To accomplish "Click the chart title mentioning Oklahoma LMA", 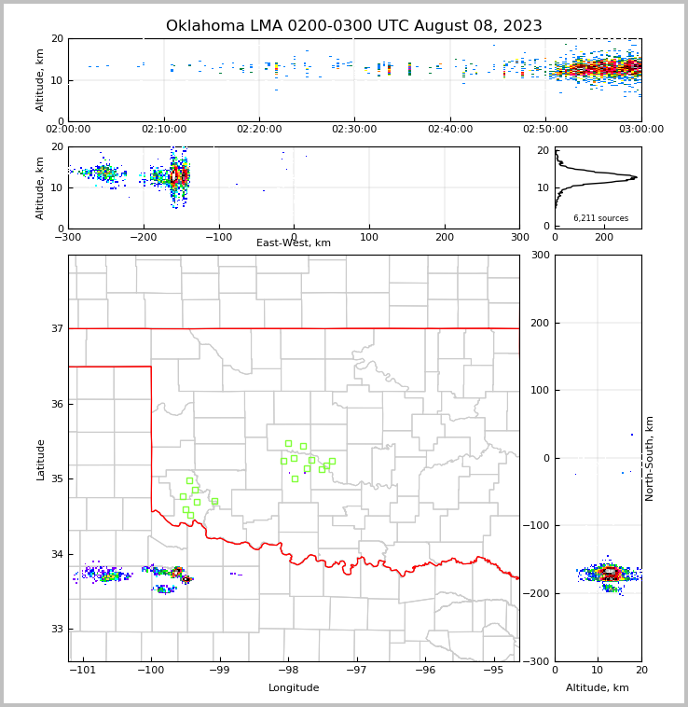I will pos(353,26).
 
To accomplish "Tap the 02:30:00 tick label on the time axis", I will pos(354,130).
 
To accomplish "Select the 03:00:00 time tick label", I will pos(640,130).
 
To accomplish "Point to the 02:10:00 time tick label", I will pos(163,130).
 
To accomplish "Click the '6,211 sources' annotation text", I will pos(600,218).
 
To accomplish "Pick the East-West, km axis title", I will pos(294,243).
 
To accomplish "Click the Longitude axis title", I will pos(294,688).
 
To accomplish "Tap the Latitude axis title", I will pos(40,459).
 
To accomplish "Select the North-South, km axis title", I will pos(650,458).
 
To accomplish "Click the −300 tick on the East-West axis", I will pos(68,237).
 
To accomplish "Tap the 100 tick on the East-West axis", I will pos(369,237).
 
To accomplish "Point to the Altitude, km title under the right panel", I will pos(598,688).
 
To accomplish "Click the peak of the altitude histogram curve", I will pos(637,177).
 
